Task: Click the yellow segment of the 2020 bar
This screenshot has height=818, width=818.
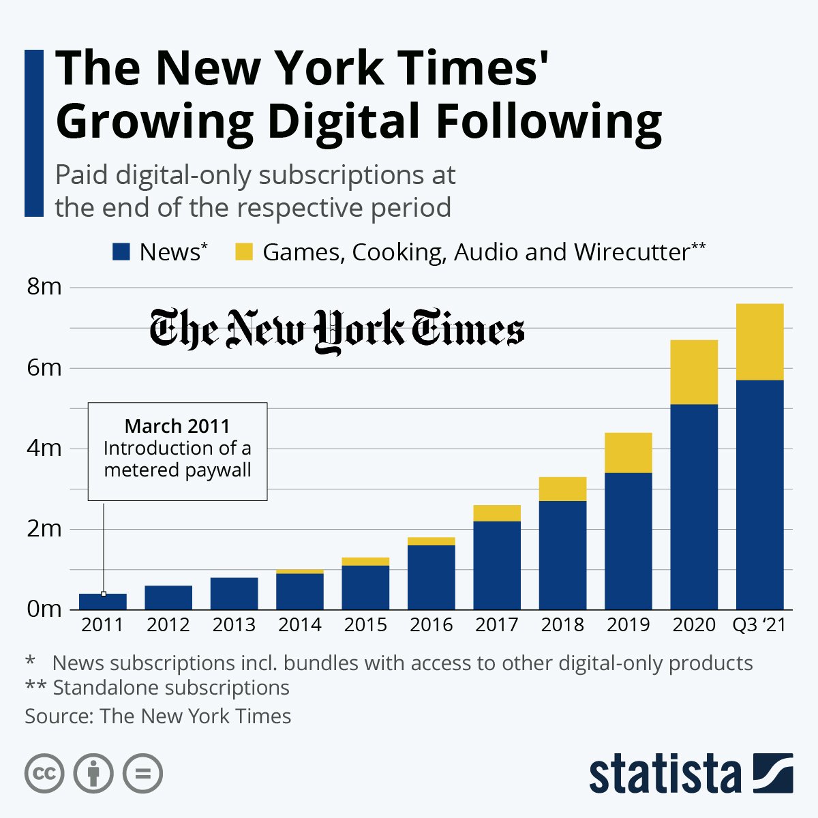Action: coord(694,372)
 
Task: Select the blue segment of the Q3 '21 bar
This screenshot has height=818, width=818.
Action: coord(759,494)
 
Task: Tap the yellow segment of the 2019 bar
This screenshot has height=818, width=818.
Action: coord(628,452)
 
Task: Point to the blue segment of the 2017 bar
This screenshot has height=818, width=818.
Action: coord(497,565)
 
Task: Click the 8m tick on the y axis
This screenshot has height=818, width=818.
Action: coord(44,288)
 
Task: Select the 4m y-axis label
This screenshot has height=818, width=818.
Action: coord(44,449)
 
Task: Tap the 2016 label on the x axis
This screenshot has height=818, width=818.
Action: coord(431,625)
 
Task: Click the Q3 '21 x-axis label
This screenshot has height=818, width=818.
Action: coord(759,625)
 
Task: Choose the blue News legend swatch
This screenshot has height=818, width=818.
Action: coord(121,252)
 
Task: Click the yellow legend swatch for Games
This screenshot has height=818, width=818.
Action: coord(244,252)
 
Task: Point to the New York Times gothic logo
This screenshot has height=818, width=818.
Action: coord(337,331)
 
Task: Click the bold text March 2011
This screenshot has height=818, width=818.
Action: coord(177,427)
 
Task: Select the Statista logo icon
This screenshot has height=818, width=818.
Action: coord(773,774)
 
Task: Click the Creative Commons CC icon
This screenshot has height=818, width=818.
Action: coord(44,774)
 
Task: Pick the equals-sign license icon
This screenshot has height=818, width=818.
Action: coord(142,774)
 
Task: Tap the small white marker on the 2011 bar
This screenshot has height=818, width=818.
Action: coord(104,594)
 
